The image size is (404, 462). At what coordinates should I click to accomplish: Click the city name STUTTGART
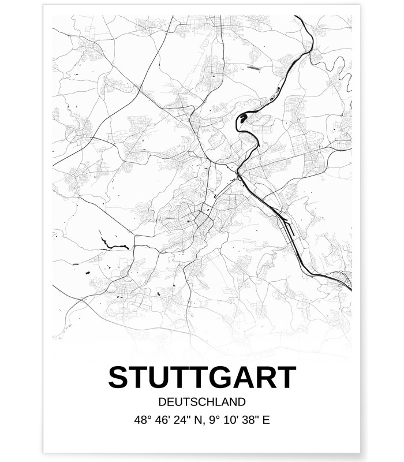click(x=201, y=378)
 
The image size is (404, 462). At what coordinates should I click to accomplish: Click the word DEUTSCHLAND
click(x=201, y=402)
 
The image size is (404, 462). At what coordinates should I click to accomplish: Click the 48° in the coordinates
click(x=141, y=420)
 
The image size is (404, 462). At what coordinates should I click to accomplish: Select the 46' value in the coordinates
click(x=163, y=420)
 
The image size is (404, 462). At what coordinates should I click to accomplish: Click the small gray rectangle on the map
click(x=254, y=68)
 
